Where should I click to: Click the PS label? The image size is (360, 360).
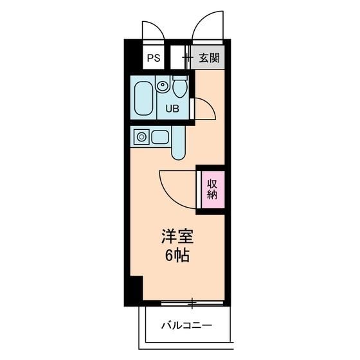point(153,58)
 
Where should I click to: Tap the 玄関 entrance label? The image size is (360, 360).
point(208,58)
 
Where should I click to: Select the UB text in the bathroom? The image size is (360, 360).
point(173,108)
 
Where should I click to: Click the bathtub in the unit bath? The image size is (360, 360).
point(143,98)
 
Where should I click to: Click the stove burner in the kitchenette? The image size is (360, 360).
point(141,136)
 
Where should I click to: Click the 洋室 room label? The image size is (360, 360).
point(175,235)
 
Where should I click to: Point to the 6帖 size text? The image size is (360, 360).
point(175,256)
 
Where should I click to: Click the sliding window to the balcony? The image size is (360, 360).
point(193,301)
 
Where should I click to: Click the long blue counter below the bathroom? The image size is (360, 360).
point(179,144)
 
